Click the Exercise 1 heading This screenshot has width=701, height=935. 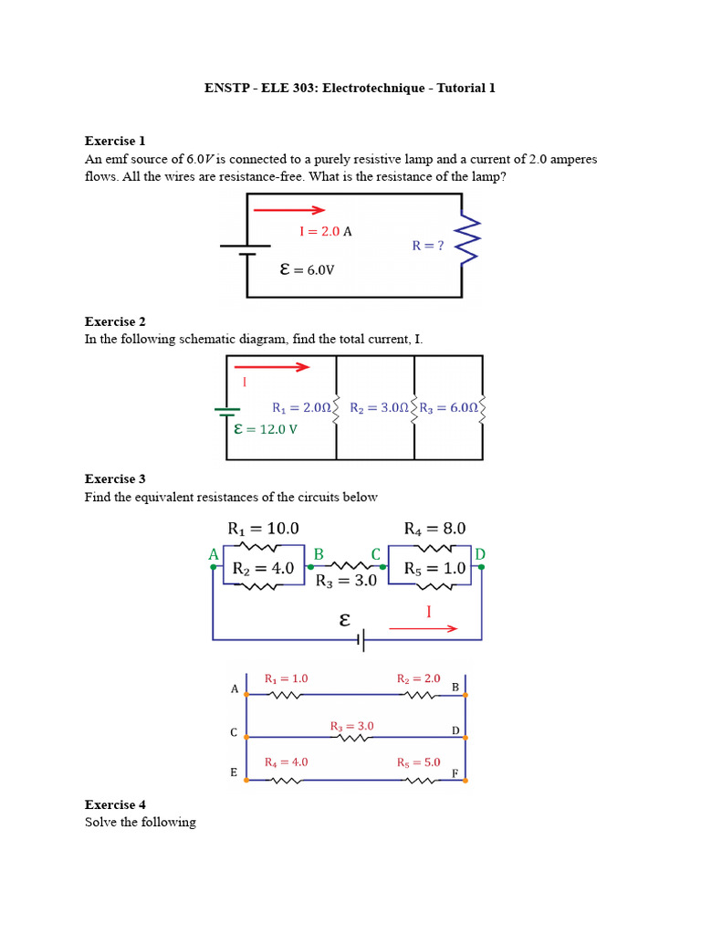(x=115, y=141)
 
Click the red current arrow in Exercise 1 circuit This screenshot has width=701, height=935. (x=288, y=210)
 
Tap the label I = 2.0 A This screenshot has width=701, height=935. (x=325, y=232)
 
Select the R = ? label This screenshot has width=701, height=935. (x=428, y=246)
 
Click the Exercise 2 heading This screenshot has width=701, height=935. (x=115, y=321)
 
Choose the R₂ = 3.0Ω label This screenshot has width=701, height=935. (x=380, y=407)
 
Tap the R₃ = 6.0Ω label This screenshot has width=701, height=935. (x=449, y=407)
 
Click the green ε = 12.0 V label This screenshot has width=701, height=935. (x=266, y=428)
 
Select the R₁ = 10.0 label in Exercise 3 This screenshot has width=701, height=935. (x=263, y=529)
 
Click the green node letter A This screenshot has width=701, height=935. (x=214, y=555)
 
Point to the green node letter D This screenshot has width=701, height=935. (x=480, y=554)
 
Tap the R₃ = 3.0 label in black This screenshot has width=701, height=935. (x=346, y=581)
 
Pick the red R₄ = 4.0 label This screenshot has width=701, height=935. (x=286, y=762)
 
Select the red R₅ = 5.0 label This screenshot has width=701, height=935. (x=418, y=762)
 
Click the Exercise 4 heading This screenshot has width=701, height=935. (x=115, y=804)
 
